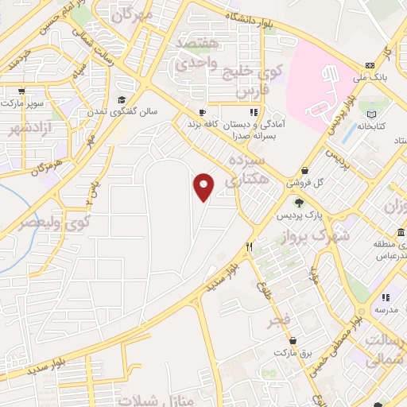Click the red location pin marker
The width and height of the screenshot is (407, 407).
click(204, 185)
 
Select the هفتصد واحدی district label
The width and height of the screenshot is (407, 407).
click(193, 51)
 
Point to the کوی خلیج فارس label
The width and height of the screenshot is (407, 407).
click(261, 81)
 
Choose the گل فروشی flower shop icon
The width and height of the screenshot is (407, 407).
click(305, 170)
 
